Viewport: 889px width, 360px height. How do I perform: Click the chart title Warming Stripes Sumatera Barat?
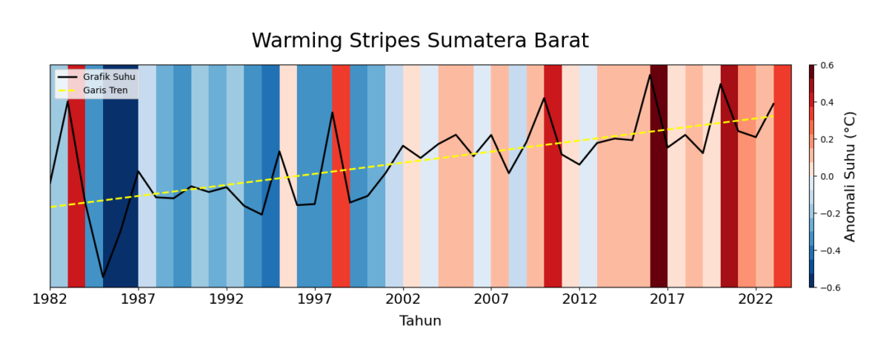tap(420, 41)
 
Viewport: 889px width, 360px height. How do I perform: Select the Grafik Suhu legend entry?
tap(103, 77)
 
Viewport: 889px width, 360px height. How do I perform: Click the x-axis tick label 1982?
tap(50, 299)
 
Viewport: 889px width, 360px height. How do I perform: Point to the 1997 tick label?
tap(315, 299)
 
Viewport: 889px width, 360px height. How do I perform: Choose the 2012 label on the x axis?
tap(579, 299)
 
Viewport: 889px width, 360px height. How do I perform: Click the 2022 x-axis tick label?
tap(756, 299)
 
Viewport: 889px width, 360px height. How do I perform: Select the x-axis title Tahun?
tap(420, 321)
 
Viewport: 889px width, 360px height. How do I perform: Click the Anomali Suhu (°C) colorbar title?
tap(850, 176)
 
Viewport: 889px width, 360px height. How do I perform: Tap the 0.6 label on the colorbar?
tap(827, 66)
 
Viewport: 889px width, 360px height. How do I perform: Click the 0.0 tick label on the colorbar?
tap(827, 176)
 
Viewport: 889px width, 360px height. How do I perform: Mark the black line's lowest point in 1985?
tap(103, 277)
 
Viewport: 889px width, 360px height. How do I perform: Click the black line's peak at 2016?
tap(650, 74)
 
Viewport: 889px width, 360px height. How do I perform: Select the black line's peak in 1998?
tap(333, 112)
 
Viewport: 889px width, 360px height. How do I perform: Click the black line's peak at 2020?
tap(720, 84)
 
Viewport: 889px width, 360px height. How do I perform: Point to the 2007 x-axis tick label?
tap(491, 299)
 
